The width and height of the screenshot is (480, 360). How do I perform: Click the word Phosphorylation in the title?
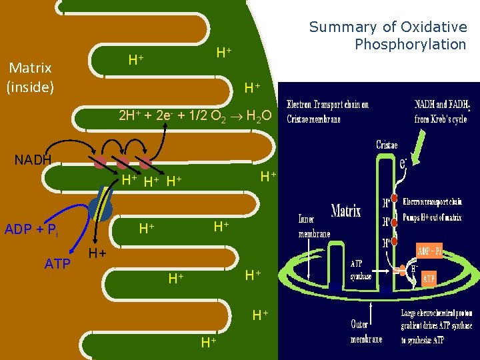[410, 45]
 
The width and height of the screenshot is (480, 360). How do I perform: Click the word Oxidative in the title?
[433, 27]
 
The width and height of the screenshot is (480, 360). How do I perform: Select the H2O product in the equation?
[259, 116]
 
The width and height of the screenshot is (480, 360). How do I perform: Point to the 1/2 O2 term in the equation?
[214, 116]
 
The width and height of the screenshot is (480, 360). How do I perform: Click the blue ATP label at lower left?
[57, 265]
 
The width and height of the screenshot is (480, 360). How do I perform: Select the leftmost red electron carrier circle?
[99, 162]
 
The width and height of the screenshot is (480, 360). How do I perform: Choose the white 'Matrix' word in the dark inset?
[346, 211]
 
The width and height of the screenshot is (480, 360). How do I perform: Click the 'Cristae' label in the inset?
[387, 145]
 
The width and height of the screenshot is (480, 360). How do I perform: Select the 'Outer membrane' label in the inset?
[367, 331]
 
